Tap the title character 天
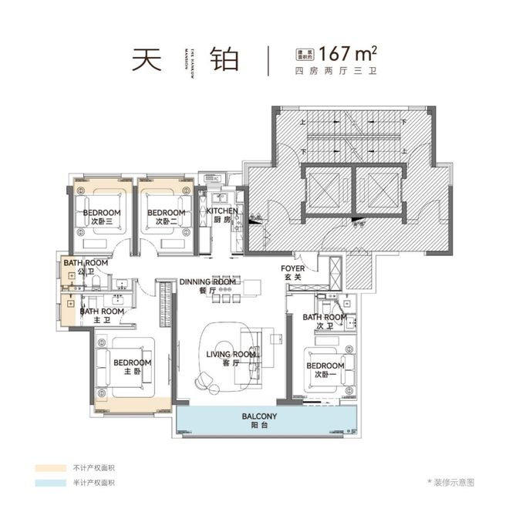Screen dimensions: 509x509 [x=150, y=59]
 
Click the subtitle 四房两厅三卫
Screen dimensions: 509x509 [x=336, y=72]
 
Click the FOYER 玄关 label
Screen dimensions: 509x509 [x=293, y=273]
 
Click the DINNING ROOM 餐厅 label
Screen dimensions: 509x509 [x=207, y=286]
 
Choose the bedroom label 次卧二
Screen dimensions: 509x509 [x=167, y=217]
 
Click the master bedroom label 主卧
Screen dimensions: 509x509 [x=132, y=366]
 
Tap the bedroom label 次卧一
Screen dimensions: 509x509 [x=325, y=370]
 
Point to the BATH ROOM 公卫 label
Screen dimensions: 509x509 [x=86, y=267]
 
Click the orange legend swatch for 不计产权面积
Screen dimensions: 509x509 [x=50, y=467]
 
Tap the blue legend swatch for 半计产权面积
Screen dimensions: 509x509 [x=50, y=482]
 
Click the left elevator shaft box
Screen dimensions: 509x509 [x=325, y=188]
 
